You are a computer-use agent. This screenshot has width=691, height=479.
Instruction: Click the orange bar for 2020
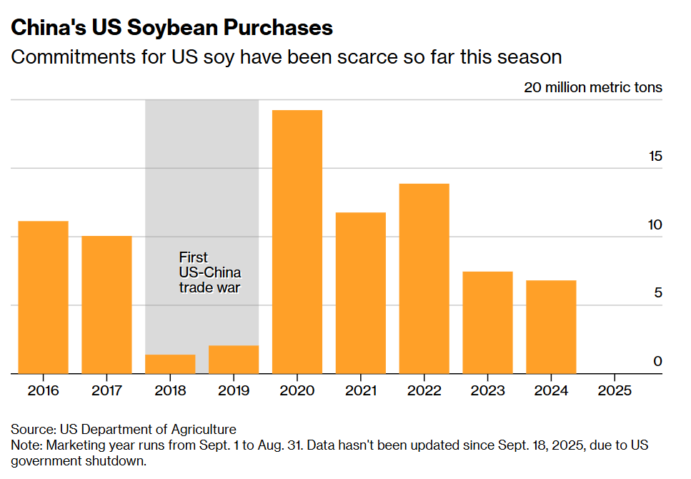pyautogui.click(x=297, y=242)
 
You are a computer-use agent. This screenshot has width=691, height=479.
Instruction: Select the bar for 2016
pyautogui.click(x=43, y=297)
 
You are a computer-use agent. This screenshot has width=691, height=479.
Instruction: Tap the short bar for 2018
pyautogui.click(x=170, y=364)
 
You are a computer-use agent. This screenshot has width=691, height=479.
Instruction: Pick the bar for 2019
pyautogui.click(x=234, y=360)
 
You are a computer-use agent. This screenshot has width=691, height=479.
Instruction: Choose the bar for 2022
pyautogui.click(x=424, y=279)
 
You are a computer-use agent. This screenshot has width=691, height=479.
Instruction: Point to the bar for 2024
pyautogui.click(x=551, y=327)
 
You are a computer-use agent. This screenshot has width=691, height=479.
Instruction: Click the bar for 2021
pyautogui.click(x=361, y=293)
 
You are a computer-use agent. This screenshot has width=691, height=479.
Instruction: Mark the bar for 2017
pyautogui.click(x=106, y=305)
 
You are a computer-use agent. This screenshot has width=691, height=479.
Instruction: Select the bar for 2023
pyautogui.click(x=487, y=322)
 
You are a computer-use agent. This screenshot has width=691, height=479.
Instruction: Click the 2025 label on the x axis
pyautogui.click(x=615, y=390)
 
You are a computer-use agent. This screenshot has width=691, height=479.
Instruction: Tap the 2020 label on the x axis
pyautogui.click(x=297, y=390)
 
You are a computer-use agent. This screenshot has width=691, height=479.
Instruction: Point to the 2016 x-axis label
pyautogui.click(x=43, y=390)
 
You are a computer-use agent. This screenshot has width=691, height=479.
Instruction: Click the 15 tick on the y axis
pyautogui.click(x=655, y=156)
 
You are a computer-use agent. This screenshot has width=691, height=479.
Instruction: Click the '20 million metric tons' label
pyautogui.click(x=593, y=88)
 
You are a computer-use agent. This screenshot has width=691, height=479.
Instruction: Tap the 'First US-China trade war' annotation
pyautogui.click(x=209, y=272)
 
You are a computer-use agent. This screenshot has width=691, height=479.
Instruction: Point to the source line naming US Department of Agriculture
pyautogui.click(x=123, y=429)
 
